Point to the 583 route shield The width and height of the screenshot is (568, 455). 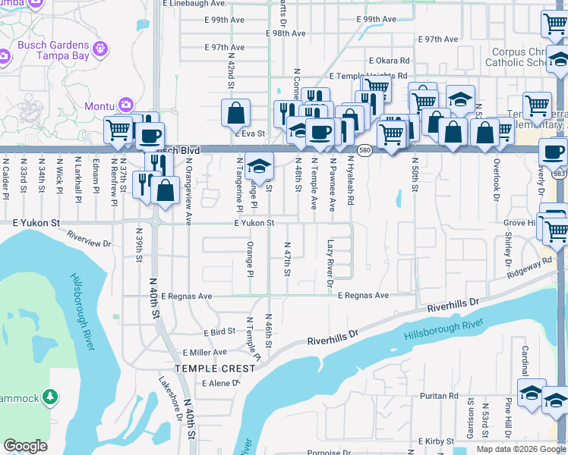pos(560,174)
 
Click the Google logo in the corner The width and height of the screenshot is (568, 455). pos(25,446)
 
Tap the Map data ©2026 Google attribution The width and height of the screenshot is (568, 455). pos(521,449)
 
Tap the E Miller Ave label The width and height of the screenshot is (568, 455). pos(204,353)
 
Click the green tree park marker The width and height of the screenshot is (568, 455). pos(50,397)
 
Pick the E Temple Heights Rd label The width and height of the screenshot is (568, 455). pos(368,77)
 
